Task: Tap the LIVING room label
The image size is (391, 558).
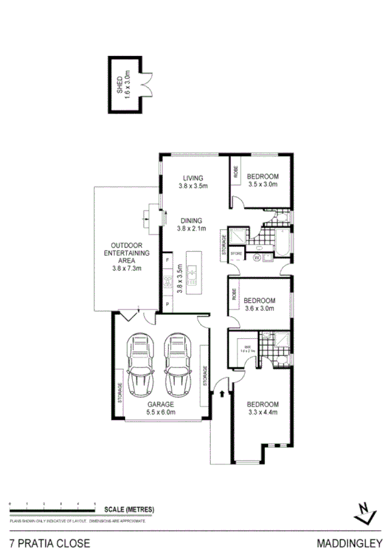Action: coord(193,182)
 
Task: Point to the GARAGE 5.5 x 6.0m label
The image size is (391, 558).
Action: coord(160,407)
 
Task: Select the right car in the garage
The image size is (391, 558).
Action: coord(178,365)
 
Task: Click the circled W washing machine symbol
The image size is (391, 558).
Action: coord(257,256)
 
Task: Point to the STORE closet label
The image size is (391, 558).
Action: coord(236,253)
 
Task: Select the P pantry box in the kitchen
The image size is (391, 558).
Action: coord(167,304)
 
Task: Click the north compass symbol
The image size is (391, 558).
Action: coord(362,510)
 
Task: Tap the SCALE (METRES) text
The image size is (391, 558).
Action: coord(130,510)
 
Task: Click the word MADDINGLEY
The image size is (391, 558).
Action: coord(352,543)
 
